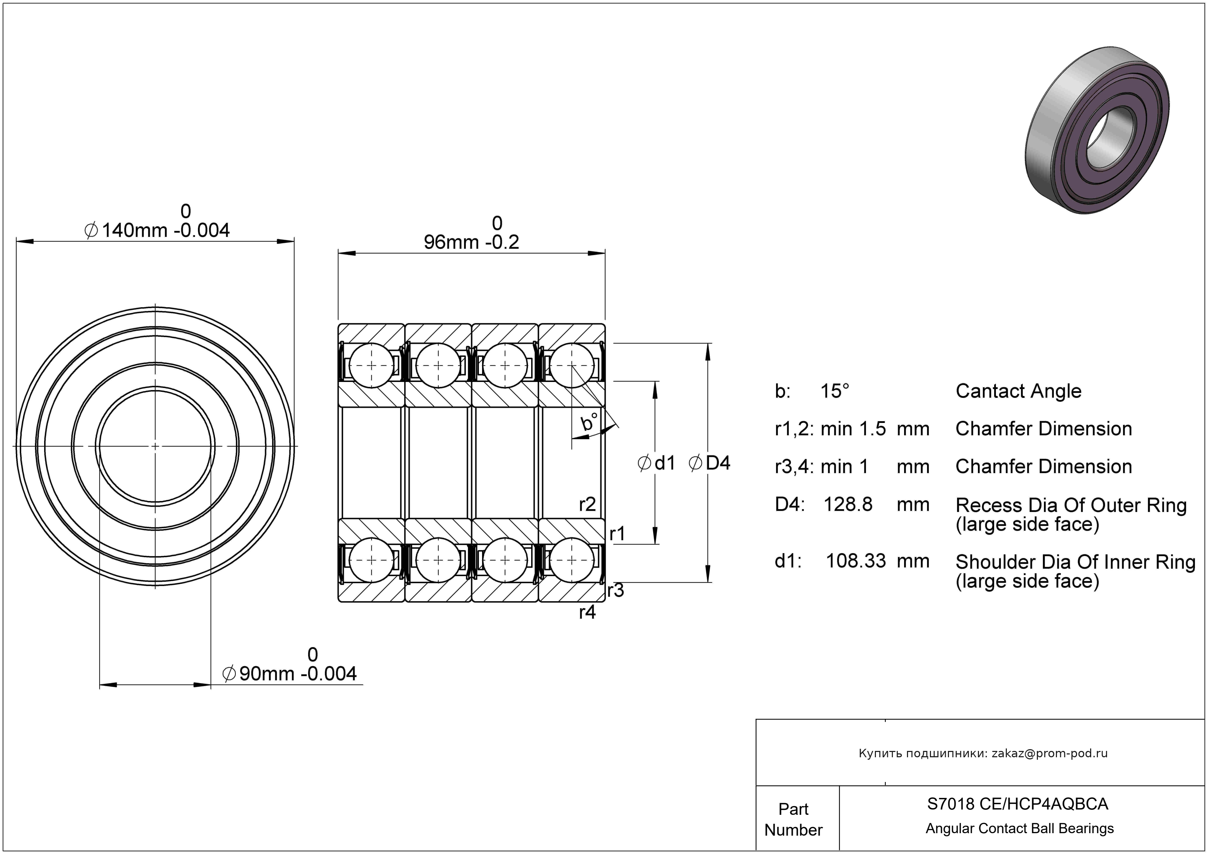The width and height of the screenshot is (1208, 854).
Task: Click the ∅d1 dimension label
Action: pos(656,463)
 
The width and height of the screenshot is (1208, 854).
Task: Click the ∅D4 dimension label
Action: pos(709,463)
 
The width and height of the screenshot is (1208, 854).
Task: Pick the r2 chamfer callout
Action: pos(587,504)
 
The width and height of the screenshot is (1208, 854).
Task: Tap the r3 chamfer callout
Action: pos(615,590)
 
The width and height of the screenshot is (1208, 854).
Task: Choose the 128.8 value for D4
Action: pos(848,504)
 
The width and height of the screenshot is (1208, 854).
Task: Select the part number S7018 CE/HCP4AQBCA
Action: pos(1017,804)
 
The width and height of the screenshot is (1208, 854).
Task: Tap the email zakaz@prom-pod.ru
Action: pos(1050,753)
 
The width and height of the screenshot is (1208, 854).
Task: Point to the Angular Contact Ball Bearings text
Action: pos(1020,829)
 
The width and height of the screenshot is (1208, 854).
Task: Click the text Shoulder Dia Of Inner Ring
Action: pos(1075,562)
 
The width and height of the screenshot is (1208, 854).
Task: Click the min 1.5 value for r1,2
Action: pos(853,429)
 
